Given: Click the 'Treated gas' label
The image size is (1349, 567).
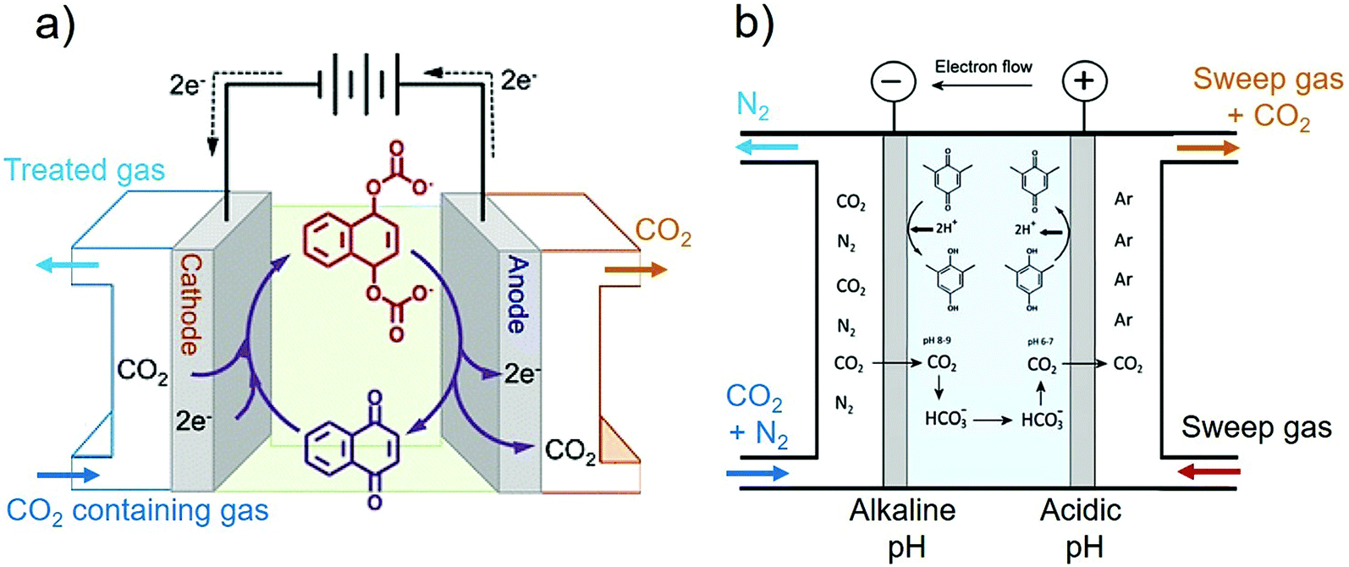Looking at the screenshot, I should tap(85, 170).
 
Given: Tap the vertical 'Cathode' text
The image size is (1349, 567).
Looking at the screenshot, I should tap(190, 305).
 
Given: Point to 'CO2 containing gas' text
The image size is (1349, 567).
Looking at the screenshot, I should tap(137, 511).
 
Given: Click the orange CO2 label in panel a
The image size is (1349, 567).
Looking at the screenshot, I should tap(663, 233).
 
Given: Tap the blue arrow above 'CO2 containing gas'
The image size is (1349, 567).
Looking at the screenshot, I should tap(68, 475).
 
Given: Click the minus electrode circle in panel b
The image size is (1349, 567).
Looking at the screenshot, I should tap(895, 81).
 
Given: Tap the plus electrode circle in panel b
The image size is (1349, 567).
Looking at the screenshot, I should tap(1084, 81).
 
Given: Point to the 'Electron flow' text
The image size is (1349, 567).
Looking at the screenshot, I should tap(983, 67).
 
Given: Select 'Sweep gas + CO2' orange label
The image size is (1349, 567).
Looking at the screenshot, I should tap(1267, 97).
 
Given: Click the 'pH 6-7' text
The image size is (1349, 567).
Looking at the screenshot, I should tap(1041, 341).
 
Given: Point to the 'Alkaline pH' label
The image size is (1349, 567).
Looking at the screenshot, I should tap(903, 527).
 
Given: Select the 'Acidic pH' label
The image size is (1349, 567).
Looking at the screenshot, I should tap(1081, 527).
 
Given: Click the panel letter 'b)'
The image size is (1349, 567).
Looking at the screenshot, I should tap(753, 24).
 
